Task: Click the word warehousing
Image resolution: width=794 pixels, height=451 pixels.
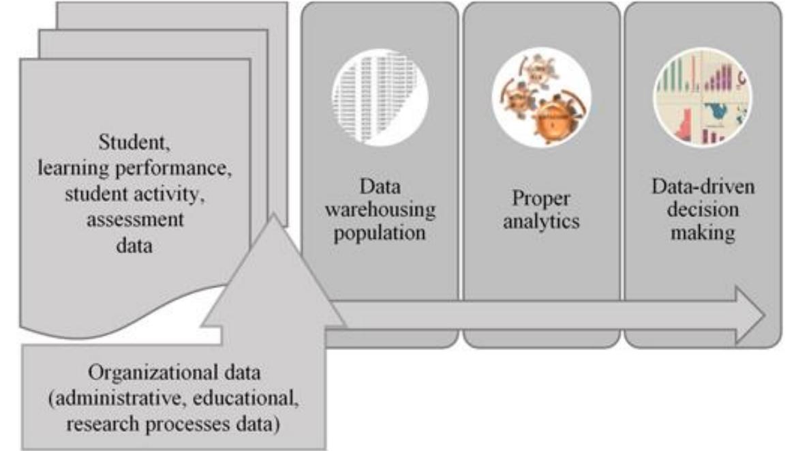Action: (x=380, y=209)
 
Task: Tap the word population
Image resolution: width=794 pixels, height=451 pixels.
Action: (x=380, y=232)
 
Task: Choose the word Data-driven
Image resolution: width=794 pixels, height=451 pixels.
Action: (x=702, y=186)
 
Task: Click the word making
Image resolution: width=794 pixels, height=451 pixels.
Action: (x=702, y=233)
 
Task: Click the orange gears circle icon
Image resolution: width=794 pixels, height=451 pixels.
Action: (x=542, y=96)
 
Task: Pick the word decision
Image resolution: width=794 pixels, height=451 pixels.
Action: (x=702, y=209)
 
